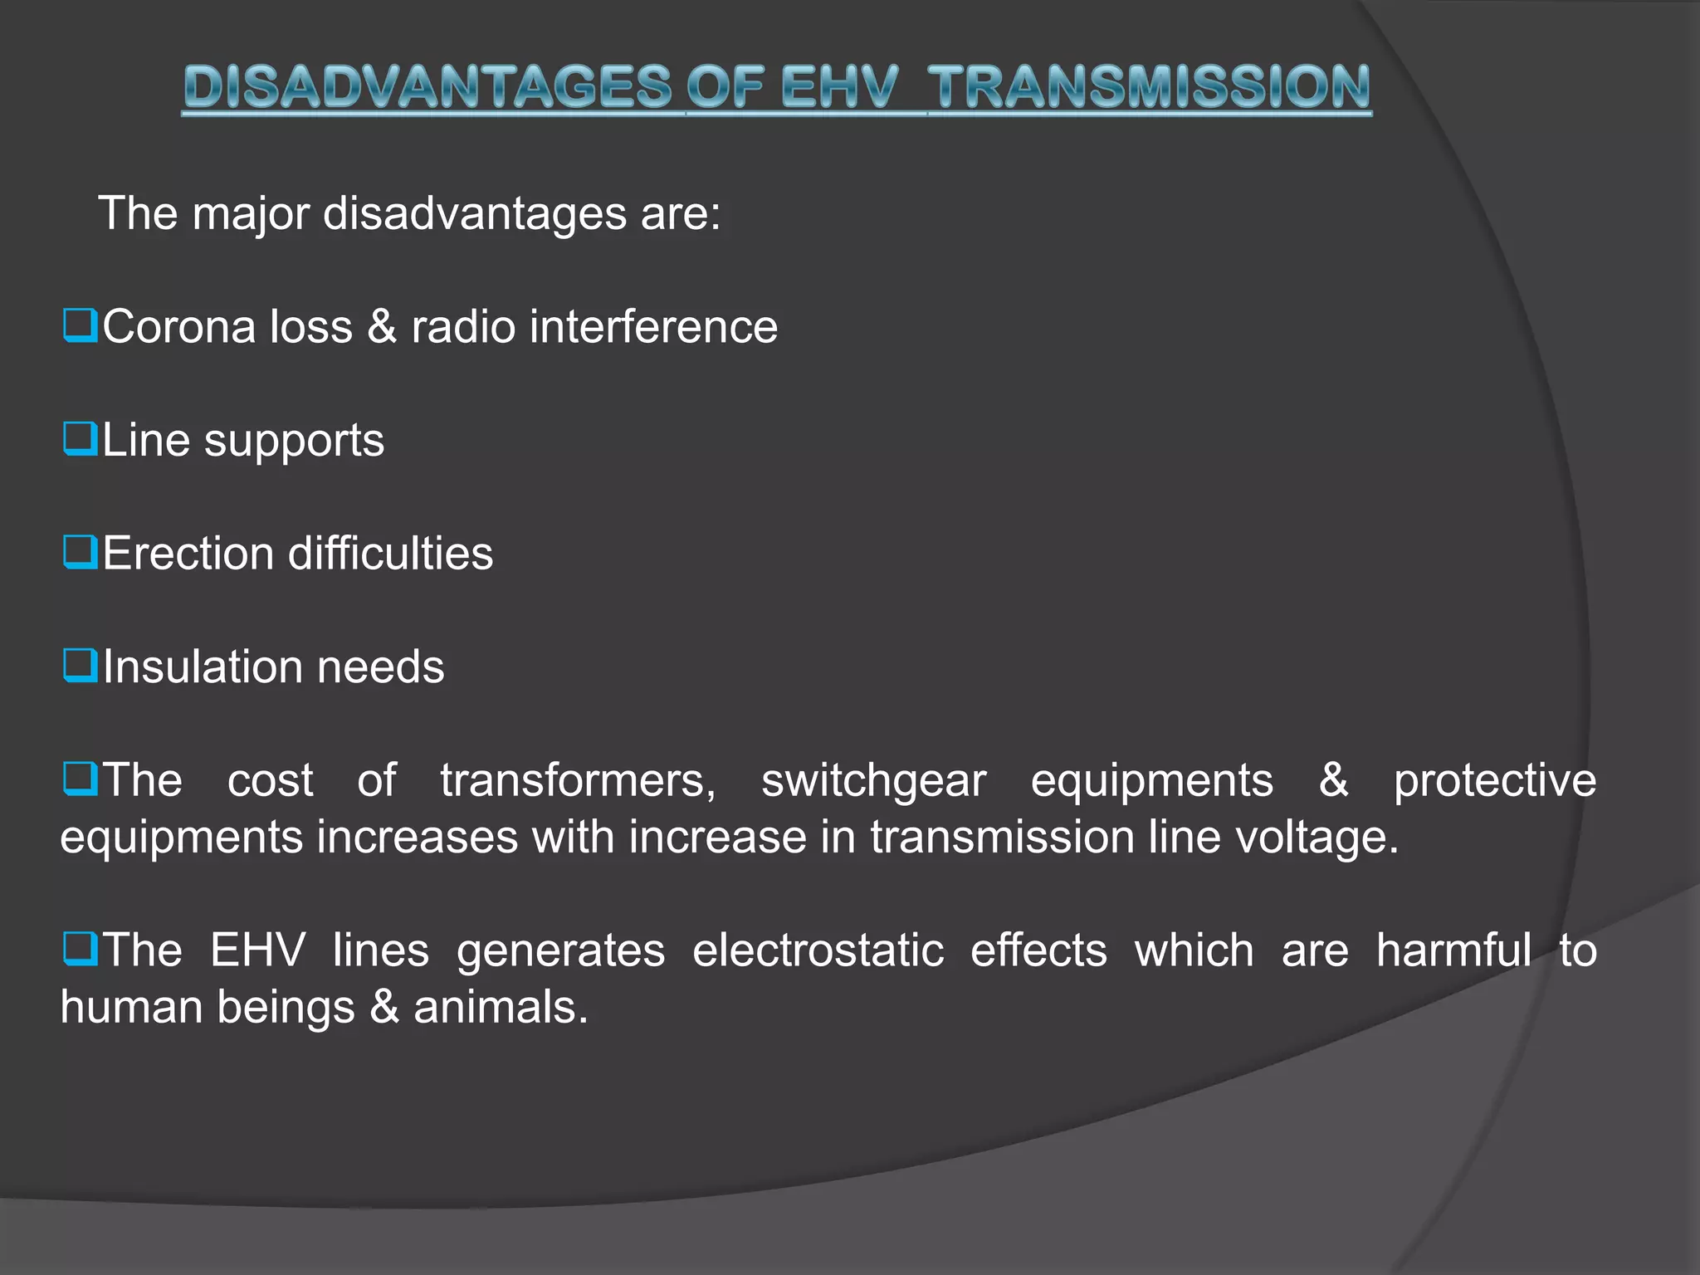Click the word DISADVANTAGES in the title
(x=427, y=87)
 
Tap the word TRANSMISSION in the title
(x=1149, y=87)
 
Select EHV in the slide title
(x=839, y=87)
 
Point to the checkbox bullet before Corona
(x=81, y=325)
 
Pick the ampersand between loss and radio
(x=381, y=326)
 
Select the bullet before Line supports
(x=81, y=439)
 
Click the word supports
(x=294, y=441)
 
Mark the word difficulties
(x=390, y=553)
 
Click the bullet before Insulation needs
(x=81, y=666)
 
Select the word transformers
(x=578, y=781)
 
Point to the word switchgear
(x=873, y=781)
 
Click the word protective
(x=1494, y=781)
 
